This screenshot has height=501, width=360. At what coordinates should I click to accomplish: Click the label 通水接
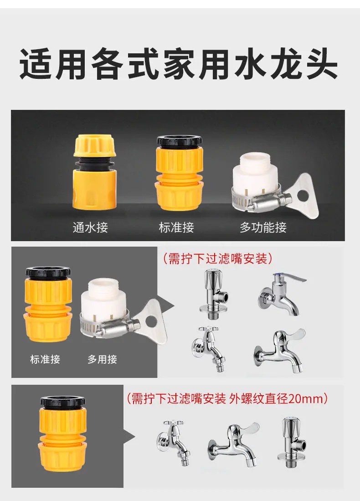pyautogui.click(x=90, y=227)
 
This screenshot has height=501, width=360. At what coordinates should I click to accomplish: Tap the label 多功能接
pyautogui.click(x=263, y=227)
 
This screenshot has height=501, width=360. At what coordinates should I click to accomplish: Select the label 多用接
pyautogui.click(x=102, y=360)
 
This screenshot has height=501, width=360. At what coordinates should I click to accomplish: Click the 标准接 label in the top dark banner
pyautogui.click(x=176, y=227)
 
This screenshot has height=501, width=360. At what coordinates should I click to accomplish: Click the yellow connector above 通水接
pyautogui.click(x=95, y=172)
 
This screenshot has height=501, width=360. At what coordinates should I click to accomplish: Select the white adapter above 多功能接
pyautogui.click(x=256, y=179)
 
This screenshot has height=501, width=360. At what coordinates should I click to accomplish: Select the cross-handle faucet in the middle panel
pyautogui.click(x=209, y=349)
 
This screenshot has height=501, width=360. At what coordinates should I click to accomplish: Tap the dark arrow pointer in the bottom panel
pyautogui.click(x=129, y=436)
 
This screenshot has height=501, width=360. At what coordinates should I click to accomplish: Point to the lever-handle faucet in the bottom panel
pyautogui.click(x=233, y=444)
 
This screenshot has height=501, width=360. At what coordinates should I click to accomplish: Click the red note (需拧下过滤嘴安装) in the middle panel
pyautogui.click(x=218, y=258)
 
